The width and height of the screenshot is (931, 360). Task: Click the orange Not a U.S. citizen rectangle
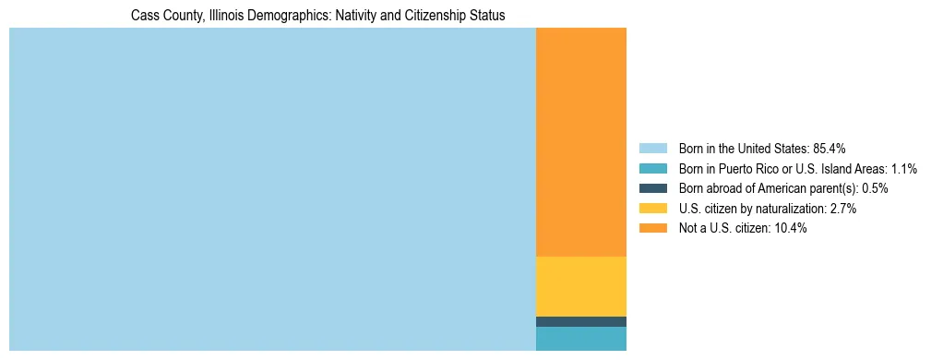coord(580,142)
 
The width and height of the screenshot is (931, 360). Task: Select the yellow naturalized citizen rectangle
coord(580,286)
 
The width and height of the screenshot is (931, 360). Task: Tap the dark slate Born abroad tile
coord(580,321)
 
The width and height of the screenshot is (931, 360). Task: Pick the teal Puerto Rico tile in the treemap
coord(580,339)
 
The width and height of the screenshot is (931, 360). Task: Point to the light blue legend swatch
coord(652,148)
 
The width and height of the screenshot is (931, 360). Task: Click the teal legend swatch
coord(652,168)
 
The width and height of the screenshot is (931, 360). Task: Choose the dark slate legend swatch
coord(652,188)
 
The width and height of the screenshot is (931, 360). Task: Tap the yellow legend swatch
coord(652,209)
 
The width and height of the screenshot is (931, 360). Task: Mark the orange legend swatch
coord(652,228)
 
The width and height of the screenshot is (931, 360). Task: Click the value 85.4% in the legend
coord(830,148)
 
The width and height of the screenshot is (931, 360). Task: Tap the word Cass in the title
coord(143,16)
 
